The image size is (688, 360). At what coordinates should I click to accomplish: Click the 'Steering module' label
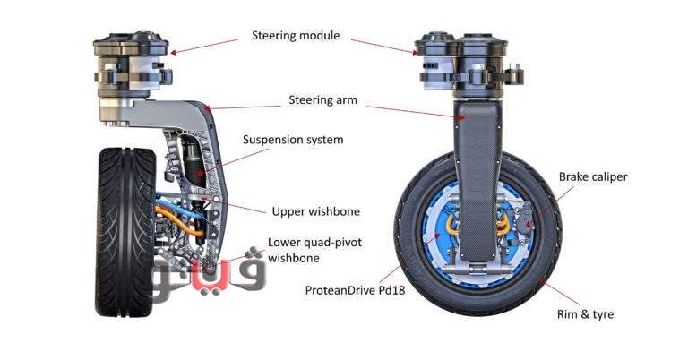[x=295, y=36]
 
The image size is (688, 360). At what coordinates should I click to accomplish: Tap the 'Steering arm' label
[x=322, y=100]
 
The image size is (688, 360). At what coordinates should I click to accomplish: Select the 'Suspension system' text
[x=293, y=140]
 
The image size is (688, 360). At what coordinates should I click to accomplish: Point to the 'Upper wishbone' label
[x=315, y=212]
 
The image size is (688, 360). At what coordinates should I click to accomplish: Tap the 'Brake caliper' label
[x=593, y=177]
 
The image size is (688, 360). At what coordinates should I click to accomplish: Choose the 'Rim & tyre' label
[x=589, y=314]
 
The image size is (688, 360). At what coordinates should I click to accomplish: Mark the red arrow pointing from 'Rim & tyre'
[x=557, y=292]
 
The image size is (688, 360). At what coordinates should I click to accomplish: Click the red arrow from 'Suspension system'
[x=220, y=160]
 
